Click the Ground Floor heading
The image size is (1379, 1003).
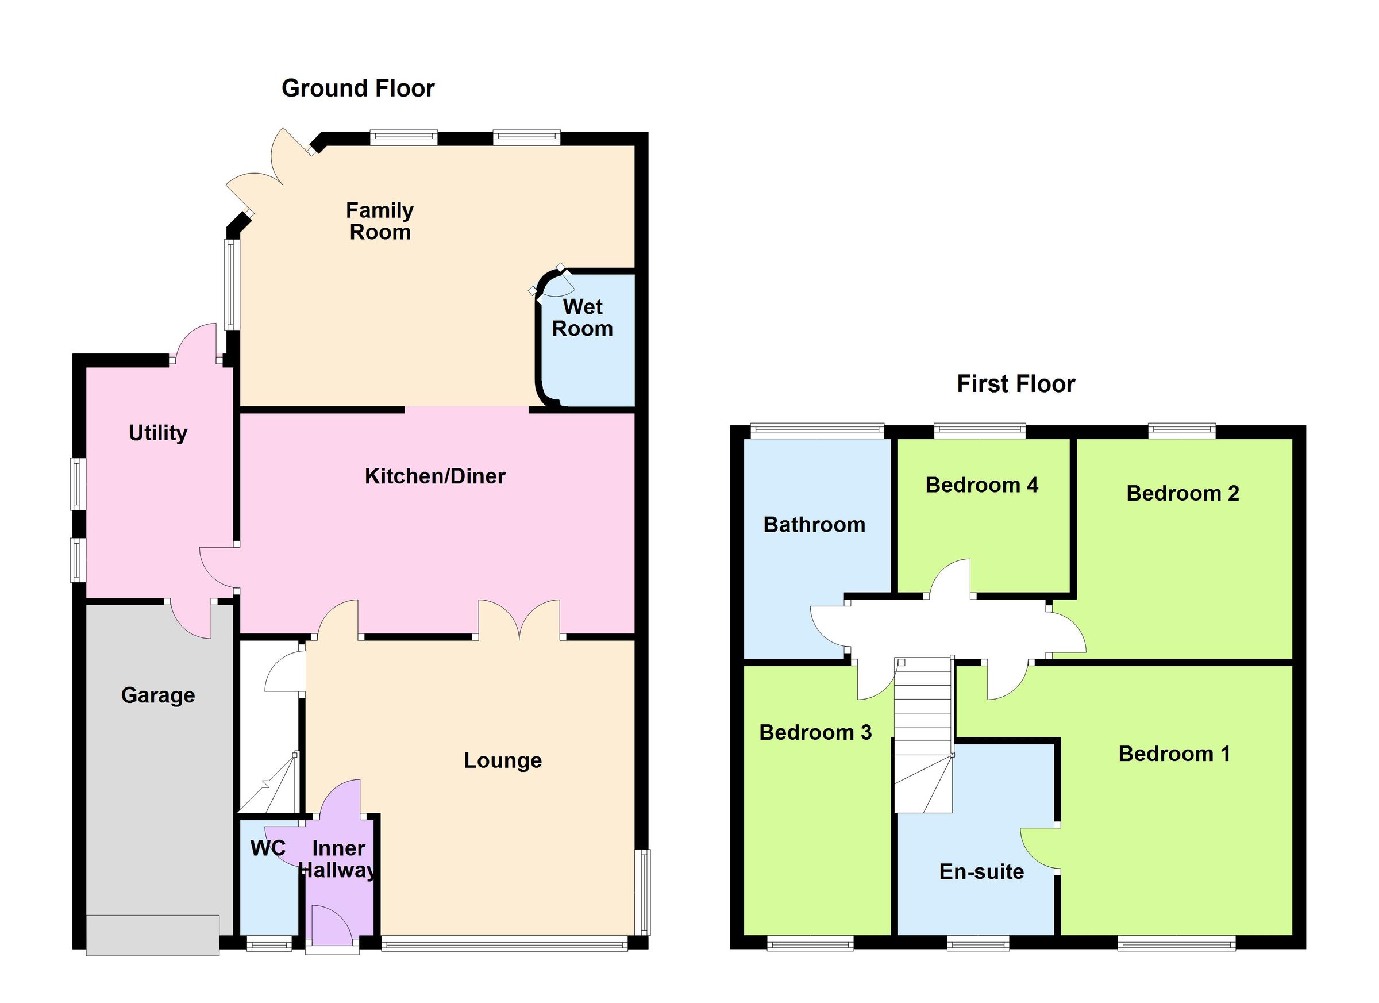coord(357,89)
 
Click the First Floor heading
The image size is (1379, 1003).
coord(1015,384)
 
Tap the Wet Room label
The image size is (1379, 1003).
coord(582,317)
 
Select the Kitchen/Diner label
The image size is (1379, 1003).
coord(435,476)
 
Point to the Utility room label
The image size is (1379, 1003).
coord(157,433)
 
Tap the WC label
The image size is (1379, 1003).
coord(268,848)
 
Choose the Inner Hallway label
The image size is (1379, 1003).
coord(338,859)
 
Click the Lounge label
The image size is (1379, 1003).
coord(502,760)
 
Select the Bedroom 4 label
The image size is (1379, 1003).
coord(981,485)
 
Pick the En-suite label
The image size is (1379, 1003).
coord(981,871)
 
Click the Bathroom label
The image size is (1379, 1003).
coord(814,524)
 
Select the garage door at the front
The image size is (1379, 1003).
coord(152,935)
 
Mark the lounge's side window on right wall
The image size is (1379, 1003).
coord(644,891)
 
